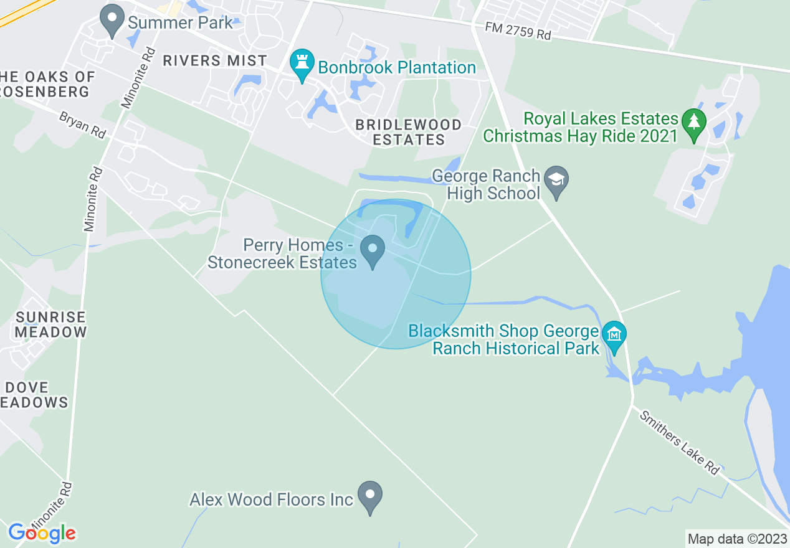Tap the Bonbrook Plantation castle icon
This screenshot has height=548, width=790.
coord(302,65)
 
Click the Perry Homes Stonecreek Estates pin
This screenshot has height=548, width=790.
coord(373,251)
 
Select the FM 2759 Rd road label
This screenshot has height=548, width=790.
coord(518,32)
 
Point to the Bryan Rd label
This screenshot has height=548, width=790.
coord(82,125)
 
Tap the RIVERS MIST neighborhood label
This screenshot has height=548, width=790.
coord(215,60)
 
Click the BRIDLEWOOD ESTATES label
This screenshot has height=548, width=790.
coord(409,132)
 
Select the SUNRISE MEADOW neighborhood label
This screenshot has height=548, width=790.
coord(50,324)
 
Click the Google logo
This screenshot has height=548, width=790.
coord(41,533)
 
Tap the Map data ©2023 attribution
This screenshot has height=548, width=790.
coord(736,538)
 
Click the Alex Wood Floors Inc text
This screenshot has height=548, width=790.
coord(271,499)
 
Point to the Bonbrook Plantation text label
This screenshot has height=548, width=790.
coord(397,67)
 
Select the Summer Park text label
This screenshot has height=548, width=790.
coord(180,23)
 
